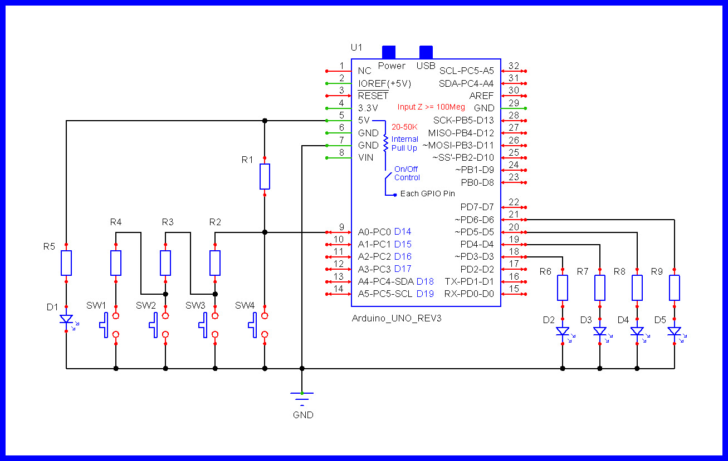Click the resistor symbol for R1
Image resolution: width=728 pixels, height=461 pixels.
coord(265,176)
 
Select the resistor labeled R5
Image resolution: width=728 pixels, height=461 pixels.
coord(66,263)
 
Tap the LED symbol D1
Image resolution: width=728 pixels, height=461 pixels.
coord(66,320)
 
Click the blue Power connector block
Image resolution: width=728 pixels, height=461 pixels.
coord(388,52)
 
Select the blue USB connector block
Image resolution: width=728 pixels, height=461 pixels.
coord(426,52)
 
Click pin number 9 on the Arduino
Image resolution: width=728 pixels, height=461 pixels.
coord(341,226)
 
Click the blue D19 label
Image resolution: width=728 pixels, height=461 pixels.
coord(425,294)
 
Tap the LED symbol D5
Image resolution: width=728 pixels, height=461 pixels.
coord(675,332)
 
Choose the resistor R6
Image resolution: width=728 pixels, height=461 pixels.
coord(563,287)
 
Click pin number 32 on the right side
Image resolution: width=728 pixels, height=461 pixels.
coord(514,66)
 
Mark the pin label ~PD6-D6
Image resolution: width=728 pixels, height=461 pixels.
coord(475,220)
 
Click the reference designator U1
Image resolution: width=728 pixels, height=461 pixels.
coord(356,47)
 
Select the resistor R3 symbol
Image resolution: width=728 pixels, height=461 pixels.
coord(165,263)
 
